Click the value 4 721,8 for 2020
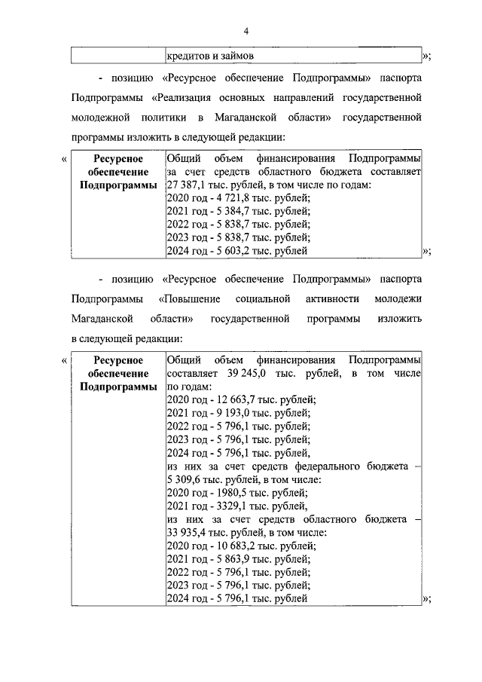click(228, 198)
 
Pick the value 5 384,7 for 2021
click(228, 212)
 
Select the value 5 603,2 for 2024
click(228, 251)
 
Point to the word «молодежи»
click(396, 300)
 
